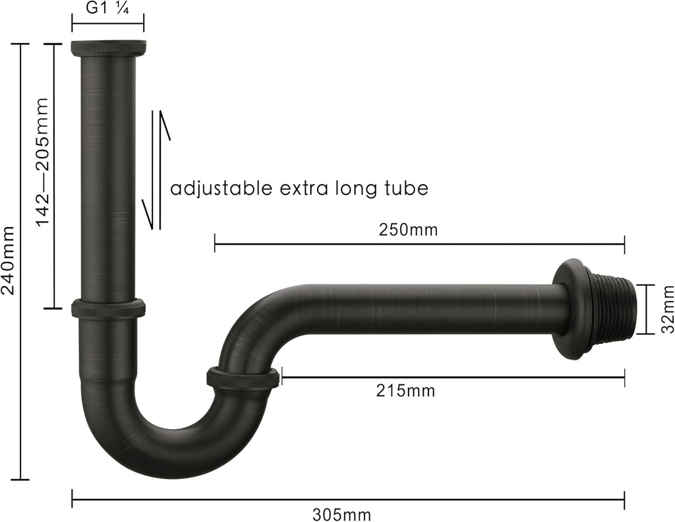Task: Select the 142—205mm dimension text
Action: (x=42, y=162)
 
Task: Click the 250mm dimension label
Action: (x=408, y=230)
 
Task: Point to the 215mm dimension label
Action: (x=406, y=391)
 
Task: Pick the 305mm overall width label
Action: (x=341, y=514)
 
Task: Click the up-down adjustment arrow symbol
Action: (x=156, y=170)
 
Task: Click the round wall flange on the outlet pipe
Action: (x=570, y=309)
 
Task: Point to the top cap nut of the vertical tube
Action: (x=108, y=48)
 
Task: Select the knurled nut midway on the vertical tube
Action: (x=108, y=308)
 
